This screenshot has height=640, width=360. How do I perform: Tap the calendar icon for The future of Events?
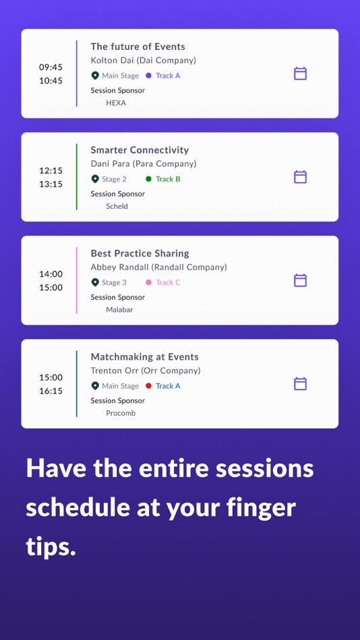pyautogui.click(x=301, y=73)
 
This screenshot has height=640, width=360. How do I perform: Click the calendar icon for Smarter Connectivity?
pyautogui.click(x=301, y=177)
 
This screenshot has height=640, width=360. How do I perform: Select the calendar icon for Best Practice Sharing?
pyautogui.click(x=301, y=280)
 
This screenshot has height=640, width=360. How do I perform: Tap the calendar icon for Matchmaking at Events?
pyautogui.click(x=301, y=384)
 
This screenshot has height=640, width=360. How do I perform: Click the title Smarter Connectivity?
pyautogui.click(x=140, y=150)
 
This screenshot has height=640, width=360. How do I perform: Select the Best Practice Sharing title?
pyautogui.click(x=140, y=253)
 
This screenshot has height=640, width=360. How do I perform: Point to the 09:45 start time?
pyautogui.click(x=51, y=67)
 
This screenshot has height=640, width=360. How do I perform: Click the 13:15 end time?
pyautogui.click(x=51, y=184)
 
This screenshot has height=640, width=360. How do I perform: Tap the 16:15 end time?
pyautogui.click(x=51, y=391)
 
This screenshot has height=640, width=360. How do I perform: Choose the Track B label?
pyautogui.click(x=168, y=179)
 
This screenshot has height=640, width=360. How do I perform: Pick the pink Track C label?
pyautogui.click(x=168, y=283)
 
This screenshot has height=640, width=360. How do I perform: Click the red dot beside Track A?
pyautogui.click(x=148, y=386)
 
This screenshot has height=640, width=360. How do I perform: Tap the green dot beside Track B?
pyautogui.click(x=148, y=179)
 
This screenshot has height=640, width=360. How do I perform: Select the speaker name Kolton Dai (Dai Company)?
pyautogui.click(x=143, y=61)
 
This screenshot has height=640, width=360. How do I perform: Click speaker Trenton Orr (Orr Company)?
pyautogui.click(x=146, y=371)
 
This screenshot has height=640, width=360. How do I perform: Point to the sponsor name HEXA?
pyautogui.click(x=116, y=103)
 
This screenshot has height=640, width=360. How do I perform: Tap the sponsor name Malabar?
pyautogui.click(x=119, y=310)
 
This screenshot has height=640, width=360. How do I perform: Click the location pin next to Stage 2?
pyautogui.click(x=95, y=179)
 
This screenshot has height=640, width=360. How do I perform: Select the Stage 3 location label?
pyautogui.click(x=114, y=283)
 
